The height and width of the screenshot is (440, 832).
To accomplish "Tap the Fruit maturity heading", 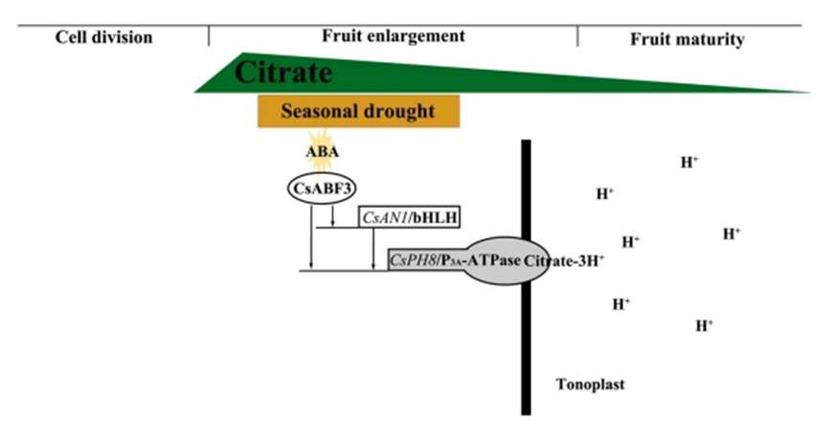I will pos(687,39).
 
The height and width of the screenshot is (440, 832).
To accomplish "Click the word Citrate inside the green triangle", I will pos(283,73).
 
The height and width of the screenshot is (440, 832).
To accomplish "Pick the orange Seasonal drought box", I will pos(358,111).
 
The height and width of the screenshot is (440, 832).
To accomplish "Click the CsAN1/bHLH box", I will pos(410,218).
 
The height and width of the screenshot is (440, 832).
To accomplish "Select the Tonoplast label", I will pos(590,385).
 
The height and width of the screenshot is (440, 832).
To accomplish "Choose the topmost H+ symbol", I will pos(689,162).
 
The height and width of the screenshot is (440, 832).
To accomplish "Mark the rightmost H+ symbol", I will pos(731,232).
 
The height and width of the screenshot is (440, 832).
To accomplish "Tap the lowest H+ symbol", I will pos(705,325).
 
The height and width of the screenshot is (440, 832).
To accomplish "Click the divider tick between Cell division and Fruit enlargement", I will pos(209,36).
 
